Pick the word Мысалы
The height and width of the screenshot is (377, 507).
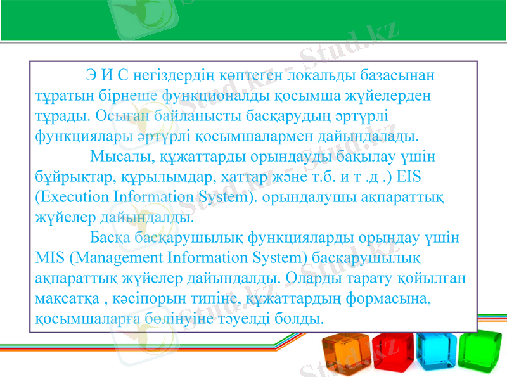pos(117,156)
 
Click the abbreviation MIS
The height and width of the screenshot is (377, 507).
pos(49,257)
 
